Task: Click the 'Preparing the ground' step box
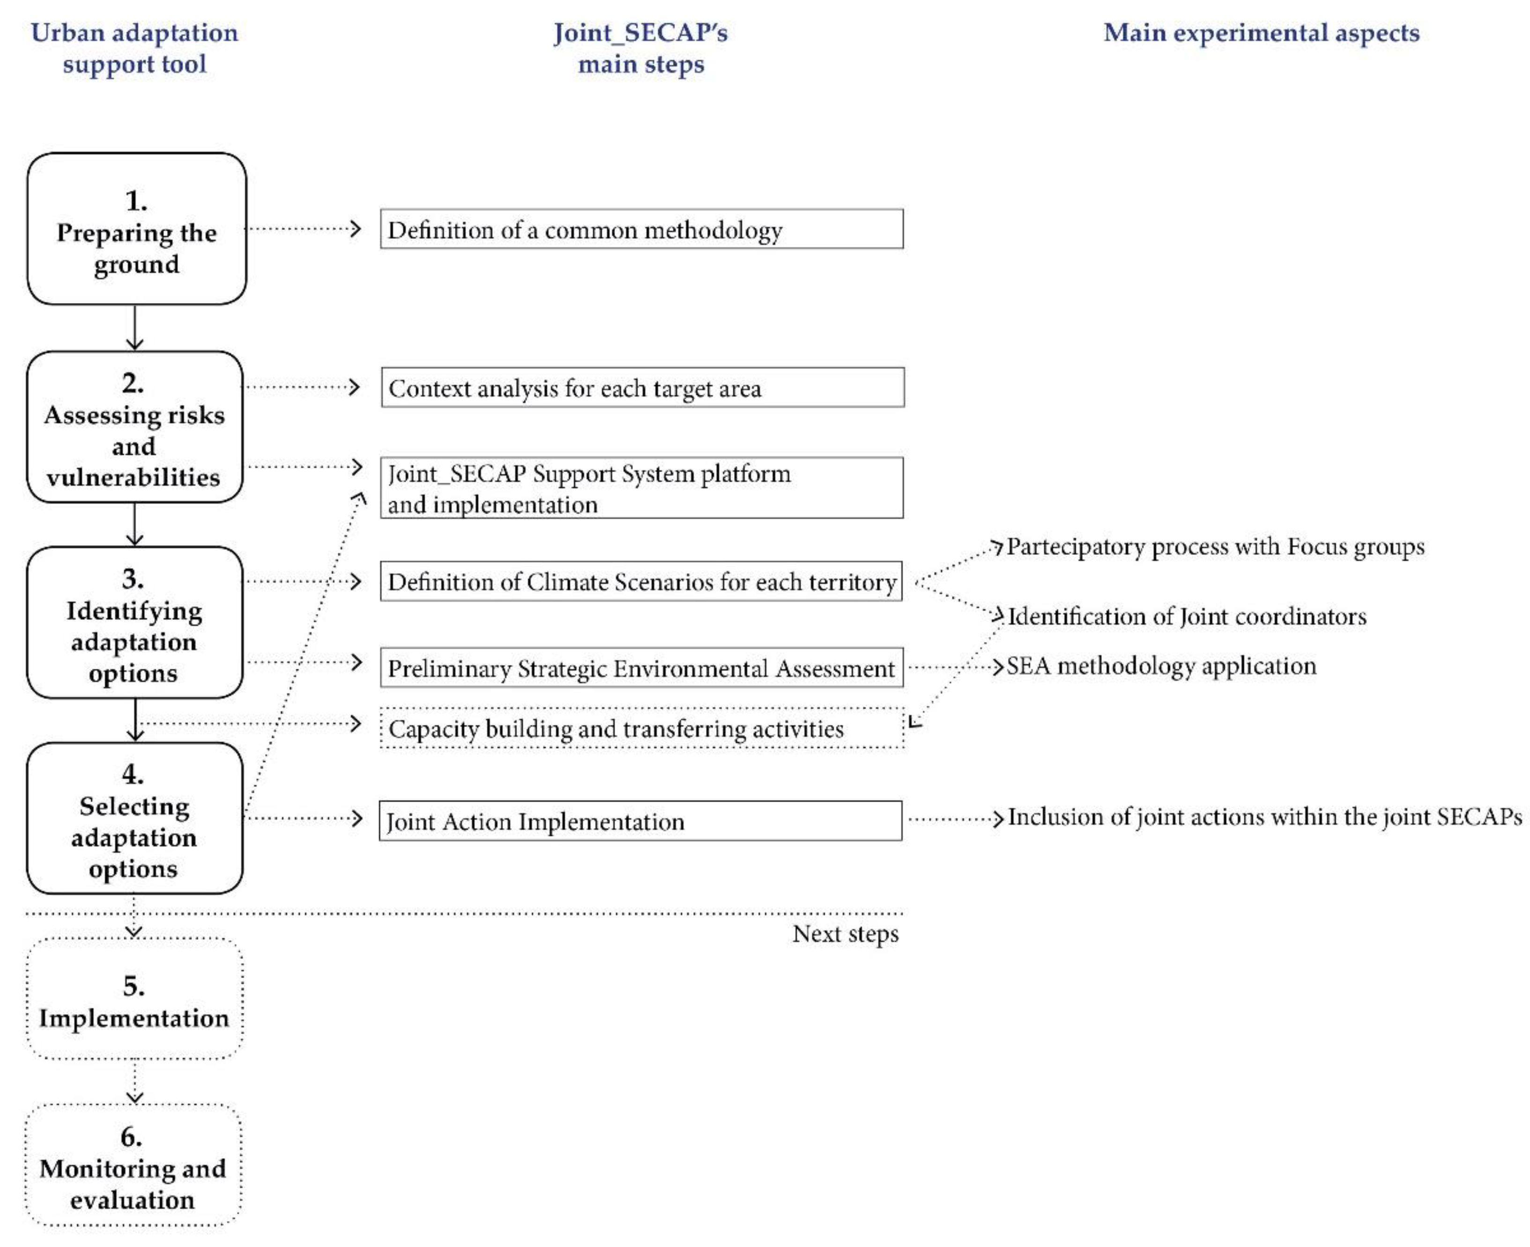pos(136,229)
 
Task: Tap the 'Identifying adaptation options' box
pos(134,622)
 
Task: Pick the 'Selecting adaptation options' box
pos(134,818)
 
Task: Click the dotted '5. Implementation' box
pos(134,998)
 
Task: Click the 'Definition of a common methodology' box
pos(641,229)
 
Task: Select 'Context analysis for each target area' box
pos(642,388)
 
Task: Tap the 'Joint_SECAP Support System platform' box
pos(641,488)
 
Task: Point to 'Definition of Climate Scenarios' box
pos(641,581)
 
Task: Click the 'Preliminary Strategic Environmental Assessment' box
pos(641,668)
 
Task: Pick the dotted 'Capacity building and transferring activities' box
pos(641,728)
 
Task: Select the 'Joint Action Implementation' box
pos(639,820)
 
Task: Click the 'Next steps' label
pos(845,934)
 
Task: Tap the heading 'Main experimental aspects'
pos(1261,33)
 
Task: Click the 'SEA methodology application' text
pos(1160,666)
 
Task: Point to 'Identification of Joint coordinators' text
pos(1187,616)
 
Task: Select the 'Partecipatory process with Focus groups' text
pos(1215,546)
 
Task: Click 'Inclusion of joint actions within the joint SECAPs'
pos(1264,817)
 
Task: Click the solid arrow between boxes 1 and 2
pos(135,327)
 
